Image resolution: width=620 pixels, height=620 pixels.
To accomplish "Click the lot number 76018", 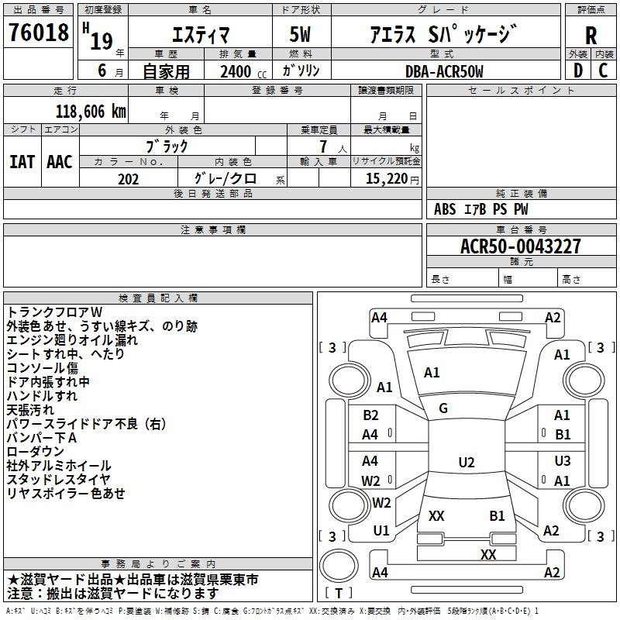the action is tap(39, 33).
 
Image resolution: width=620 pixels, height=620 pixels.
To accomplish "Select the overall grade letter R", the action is tap(591, 35).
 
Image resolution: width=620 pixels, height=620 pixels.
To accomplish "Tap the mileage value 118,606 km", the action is tap(91, 112).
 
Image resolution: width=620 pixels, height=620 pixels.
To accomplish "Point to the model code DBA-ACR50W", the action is tap(444, 71).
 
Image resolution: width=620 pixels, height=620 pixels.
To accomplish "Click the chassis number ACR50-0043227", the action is tap(521, 246).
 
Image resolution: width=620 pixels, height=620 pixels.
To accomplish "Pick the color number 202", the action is tap(128, 179).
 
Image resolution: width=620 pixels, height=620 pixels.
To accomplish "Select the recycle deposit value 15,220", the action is tap(387, 179).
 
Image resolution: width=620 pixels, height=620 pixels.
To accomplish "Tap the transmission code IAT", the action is tap(22, 162).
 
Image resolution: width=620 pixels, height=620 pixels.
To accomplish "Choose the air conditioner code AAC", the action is tap(60, 162).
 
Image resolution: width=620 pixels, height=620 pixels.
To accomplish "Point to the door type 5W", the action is tap(300, 34).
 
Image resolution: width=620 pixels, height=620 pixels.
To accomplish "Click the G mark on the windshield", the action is tap(443, 408).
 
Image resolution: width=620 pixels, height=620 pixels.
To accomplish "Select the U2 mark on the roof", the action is tap(467, 462).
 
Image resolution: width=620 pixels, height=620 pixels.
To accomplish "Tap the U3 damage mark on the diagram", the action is tap(563, 460).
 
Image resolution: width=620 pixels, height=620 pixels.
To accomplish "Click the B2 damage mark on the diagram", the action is tap(370, 415).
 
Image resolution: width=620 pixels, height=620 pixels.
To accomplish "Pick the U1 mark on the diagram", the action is tap(381, 531).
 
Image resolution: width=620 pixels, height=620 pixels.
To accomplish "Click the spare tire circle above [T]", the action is tap(339, 565).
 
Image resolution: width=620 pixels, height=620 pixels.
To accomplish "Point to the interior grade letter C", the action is tap(603, 71).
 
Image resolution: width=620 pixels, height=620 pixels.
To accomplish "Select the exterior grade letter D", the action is tap(578, 71).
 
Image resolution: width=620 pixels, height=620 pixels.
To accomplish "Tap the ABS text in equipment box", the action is tap(445, 209).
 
